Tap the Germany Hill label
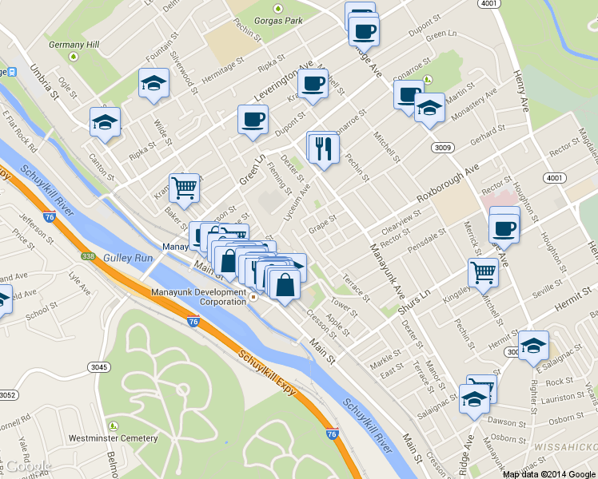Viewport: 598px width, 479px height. click(x=74, y=44)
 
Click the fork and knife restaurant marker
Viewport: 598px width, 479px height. click(x=325, y=149)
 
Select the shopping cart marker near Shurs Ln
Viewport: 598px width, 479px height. click(x=484, y=272)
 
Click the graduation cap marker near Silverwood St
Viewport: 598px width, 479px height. click(x=153, y=84)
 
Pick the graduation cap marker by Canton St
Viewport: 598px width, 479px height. click(x=105, y=122)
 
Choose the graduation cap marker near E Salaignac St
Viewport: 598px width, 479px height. click(x=533, y=346)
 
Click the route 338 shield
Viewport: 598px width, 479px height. click(x=88, y=256)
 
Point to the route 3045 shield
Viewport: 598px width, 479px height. click(x=98, y=366)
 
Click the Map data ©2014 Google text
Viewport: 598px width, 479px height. click(x=548, y=473)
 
